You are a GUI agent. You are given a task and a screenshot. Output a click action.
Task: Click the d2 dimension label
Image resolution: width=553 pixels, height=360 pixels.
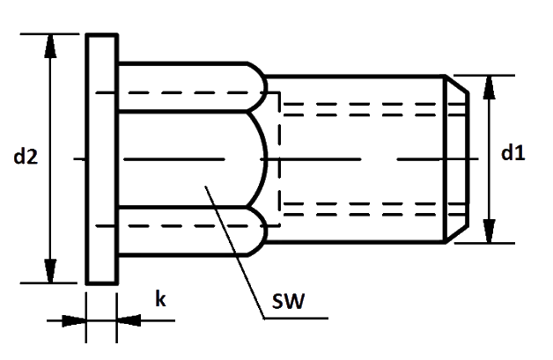pos(26,158)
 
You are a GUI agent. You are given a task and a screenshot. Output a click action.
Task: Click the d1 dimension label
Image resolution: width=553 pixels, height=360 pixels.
pos(512,153)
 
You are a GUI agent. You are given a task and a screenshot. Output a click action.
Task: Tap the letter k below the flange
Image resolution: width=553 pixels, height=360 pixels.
pos(160,299)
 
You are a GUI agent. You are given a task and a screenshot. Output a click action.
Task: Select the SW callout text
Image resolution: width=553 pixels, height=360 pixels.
pos(287,303)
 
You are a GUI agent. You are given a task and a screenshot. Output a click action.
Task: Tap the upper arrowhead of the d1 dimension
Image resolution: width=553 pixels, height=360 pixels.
pos(489,87)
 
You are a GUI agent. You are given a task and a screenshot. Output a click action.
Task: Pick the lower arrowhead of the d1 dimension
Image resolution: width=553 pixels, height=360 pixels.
pos(489,231)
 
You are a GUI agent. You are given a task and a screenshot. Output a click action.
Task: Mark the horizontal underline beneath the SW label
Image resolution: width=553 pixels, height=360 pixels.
pos(295,316)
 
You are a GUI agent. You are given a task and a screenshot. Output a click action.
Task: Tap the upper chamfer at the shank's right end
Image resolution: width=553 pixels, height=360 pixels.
pos(458,86)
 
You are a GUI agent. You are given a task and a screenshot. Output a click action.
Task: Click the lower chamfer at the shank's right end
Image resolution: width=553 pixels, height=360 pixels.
pos(458,233)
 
